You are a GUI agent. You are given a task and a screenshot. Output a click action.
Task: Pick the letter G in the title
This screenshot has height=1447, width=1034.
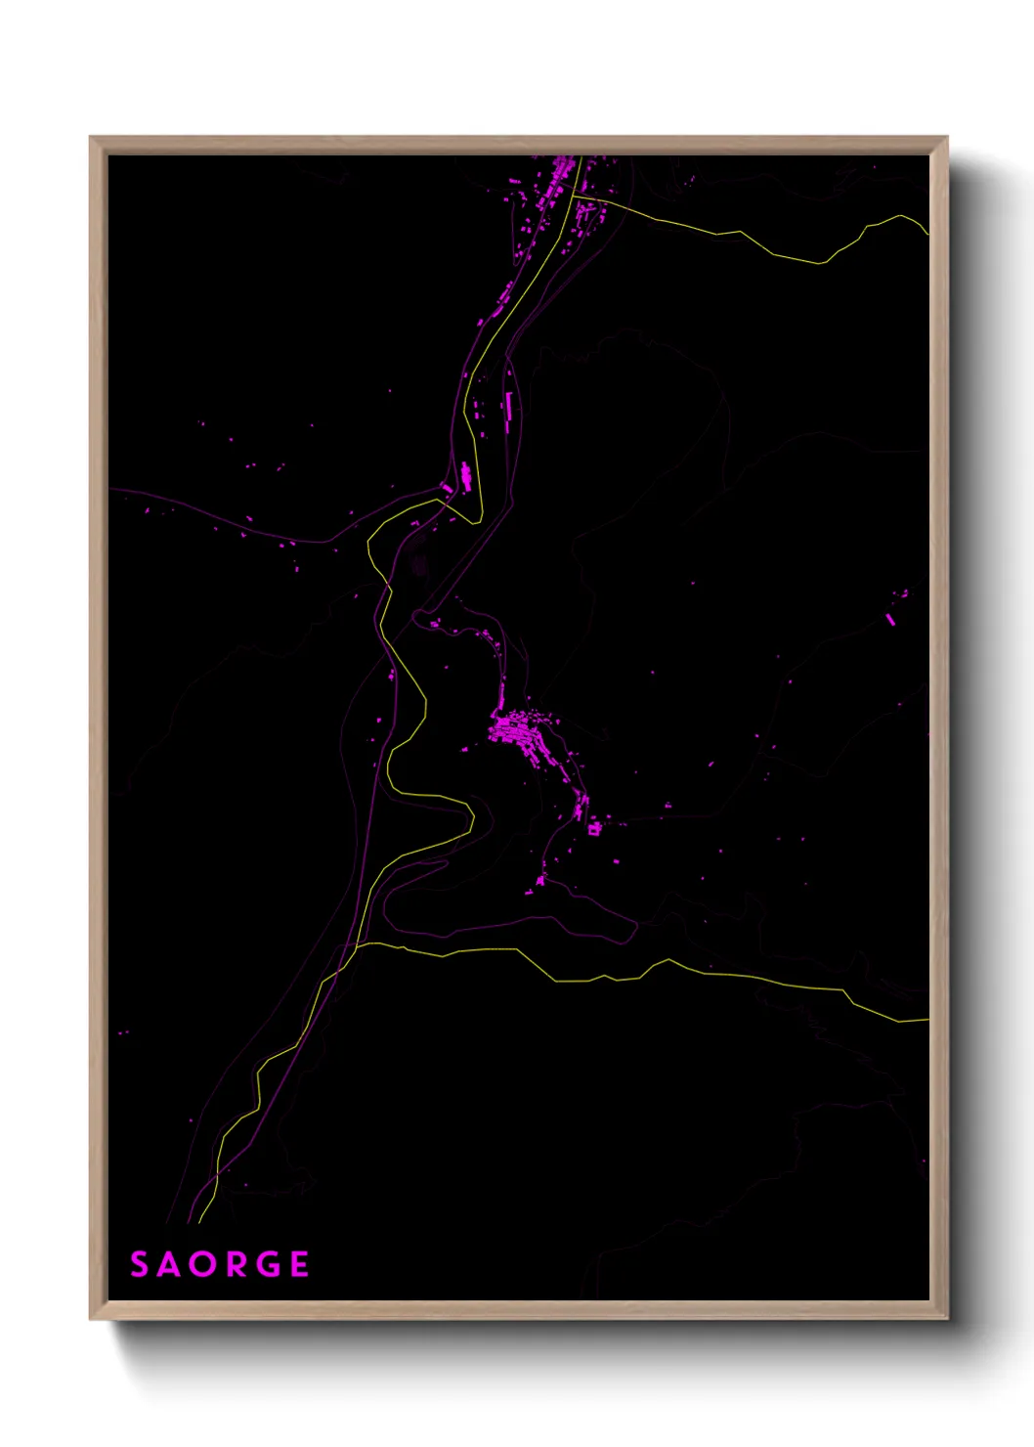coord(268,1264)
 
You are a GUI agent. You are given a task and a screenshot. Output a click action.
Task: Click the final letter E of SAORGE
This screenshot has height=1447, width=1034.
coord(299,1264)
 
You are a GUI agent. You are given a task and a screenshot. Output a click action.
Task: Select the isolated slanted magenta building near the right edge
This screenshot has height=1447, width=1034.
coord(890,619)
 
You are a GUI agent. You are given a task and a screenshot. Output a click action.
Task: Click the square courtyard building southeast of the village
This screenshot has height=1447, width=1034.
coord(593,829)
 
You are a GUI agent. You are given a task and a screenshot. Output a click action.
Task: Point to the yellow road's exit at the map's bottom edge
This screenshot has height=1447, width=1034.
coord(199,1221)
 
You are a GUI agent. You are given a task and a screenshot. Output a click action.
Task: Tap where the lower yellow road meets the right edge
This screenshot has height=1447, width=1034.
coord(926,1020)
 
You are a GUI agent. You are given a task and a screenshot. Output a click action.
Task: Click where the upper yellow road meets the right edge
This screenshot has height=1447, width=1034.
coord(926,233)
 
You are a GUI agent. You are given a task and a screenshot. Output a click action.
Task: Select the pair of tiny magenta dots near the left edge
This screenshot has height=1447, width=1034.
coord(122,1032)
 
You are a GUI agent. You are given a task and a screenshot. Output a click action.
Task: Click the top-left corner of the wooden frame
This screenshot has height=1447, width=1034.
coord(91,138)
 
